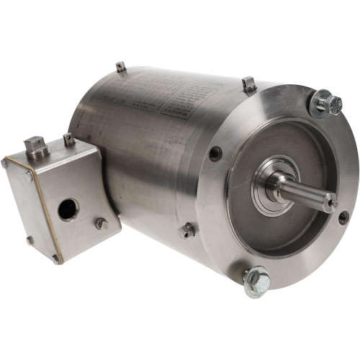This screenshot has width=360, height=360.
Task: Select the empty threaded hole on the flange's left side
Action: (215, 153)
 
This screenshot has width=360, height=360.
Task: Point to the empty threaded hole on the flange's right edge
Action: (343, 217)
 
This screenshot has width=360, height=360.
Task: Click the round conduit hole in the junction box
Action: (68, 210)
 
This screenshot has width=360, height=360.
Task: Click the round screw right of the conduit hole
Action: (101, 223)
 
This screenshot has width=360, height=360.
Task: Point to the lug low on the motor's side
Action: (187, 230)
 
